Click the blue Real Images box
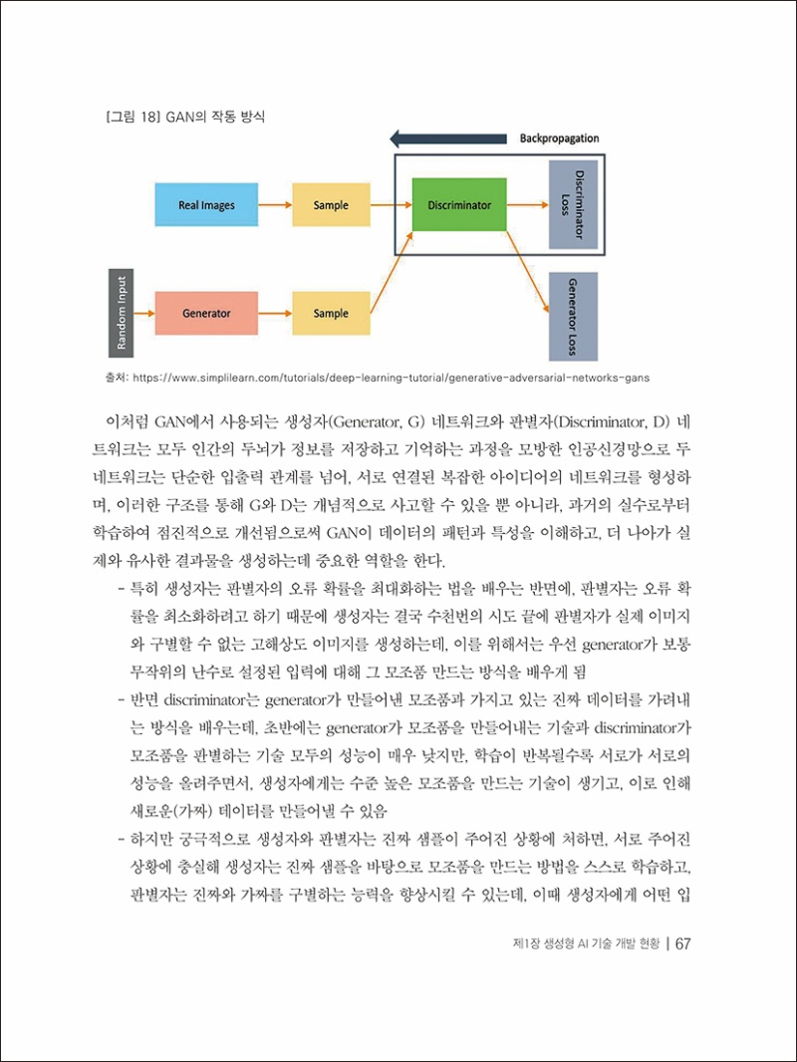click(206, 205)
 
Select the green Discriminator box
click(458, 205)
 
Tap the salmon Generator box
click(206, 313)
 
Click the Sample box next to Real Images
click(331, 205)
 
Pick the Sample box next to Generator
click(331, 313)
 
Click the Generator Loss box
click(573, 316)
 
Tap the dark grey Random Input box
click(121, 313)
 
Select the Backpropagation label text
click(559, 138)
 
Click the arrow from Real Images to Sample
click(274, 205)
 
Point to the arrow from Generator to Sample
click(274, 313)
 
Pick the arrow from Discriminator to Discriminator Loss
click(527, 205)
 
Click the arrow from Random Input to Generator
click(145, 313)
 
